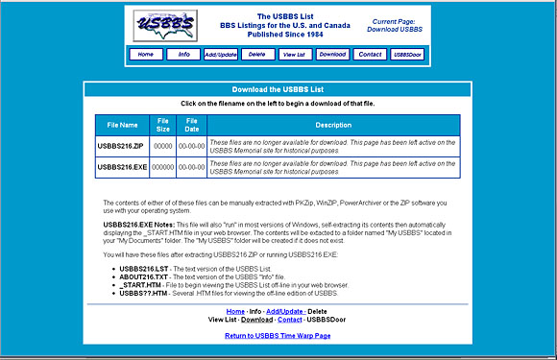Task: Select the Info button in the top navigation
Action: pyautogui.click(x=182, y=55)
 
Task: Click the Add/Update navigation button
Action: pyautogui.click(x=221, y=55)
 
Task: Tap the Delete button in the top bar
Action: pyautogui.click(x=256, y=55)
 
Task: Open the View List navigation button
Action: pyautogui.click(x=294, y=55)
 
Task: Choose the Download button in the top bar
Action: pyautogui.click(x=332, y=55)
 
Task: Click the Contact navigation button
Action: pyautogui.click(x=370, y=55)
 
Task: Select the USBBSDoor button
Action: pyautogui.click(x=406, y=55)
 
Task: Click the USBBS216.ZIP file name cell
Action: pyautogui.click(x=122, y=146)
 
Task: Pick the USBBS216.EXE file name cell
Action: pyautogui.click(x=122, y=167)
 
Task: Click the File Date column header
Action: pyautogui.click(x=192, y=125)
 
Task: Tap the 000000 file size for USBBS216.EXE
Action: pyautogui.click(x=163, y=167)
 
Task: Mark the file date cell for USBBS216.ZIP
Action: pyautogui.click(x=192, y=146)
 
